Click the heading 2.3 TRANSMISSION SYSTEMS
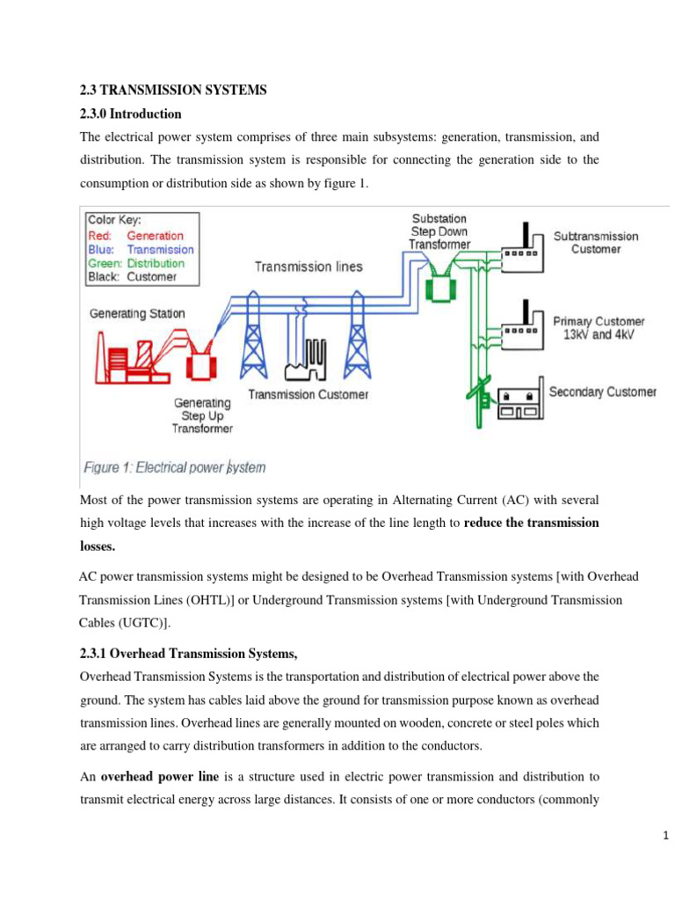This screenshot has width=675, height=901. coord(172,90)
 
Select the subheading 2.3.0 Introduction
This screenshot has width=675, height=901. coord(131,114)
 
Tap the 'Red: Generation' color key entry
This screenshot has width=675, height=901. coord(135,236)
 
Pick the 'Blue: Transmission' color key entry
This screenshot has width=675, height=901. coord(141,249)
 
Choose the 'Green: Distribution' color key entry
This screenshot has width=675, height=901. coord(136,263)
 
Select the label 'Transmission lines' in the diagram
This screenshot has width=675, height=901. coord(308,267)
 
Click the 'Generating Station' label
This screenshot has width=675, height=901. coord(137,313)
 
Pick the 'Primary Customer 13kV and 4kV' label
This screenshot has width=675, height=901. coord(599,327)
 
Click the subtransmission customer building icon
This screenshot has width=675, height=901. coord(522,245)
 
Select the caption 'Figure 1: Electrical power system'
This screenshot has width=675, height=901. coord(174,467)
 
